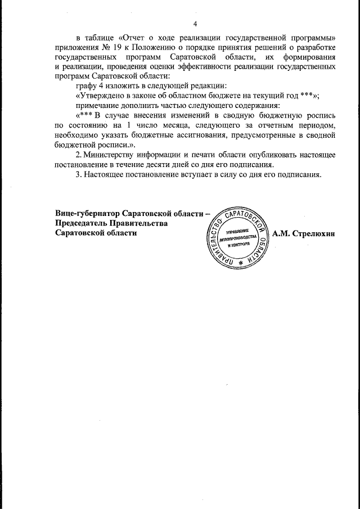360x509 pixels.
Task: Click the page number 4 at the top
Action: [195, 24]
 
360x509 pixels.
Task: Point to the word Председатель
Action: [82, 223]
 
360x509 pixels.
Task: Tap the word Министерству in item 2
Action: [116, 155]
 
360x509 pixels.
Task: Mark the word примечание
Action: [100, 106]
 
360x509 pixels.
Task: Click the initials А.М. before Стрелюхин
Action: [283, 233]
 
